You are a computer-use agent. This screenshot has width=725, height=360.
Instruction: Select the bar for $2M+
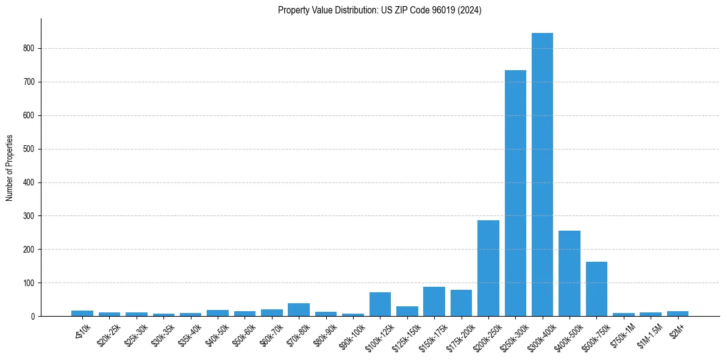[677, 314]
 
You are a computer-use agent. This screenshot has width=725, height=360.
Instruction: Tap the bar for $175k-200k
[461, 303]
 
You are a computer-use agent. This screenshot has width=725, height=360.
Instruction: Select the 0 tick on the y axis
[35, 317]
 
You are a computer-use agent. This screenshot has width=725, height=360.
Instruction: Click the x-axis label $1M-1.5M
[648, 334]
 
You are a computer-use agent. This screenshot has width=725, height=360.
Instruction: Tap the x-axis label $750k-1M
[621, 335]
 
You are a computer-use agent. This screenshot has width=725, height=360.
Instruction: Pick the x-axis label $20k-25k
[108, 334]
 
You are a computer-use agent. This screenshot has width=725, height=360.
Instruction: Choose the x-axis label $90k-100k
[351, 335]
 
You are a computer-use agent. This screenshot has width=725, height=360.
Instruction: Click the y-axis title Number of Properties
[10, 168]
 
